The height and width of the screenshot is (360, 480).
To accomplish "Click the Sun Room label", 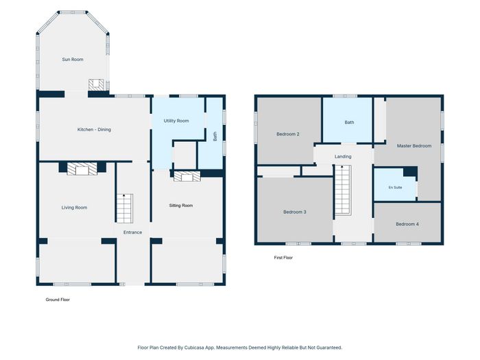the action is pyautogui.click(x=73, y=60).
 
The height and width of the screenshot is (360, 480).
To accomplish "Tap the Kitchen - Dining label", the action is pyautogui.click(x=94, y=130).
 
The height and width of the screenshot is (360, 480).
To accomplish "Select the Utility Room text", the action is pyautogui.click(x=176, y=121).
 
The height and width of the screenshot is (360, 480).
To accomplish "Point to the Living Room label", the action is pyautogui.click(x=74, y=208).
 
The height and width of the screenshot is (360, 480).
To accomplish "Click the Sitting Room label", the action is pyautogui.click(x=181, y=206).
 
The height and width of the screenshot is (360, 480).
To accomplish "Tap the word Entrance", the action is pyautogui.click(x=132, y=232).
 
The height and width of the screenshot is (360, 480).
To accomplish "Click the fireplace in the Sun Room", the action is pyautogui.click(x=97, y=84).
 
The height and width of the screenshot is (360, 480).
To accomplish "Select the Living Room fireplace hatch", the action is pyautogui.click(x=82, y=169).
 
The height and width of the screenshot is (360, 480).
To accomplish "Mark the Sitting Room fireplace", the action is pyautogui.click(x=187, y=176).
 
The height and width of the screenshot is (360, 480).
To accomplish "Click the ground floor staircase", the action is pyautogui.click(x=125, y=208).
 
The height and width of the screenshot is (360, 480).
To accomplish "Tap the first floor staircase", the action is pyautogui.click(x=343, y=190).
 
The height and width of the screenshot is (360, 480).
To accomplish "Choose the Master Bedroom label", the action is pyautogui.click(x=414, y=146).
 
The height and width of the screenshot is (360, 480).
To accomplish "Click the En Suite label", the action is pyautogui.click(x=395, y=187).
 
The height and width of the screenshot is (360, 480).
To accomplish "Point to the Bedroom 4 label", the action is pyautogui.click(x=407, y=224).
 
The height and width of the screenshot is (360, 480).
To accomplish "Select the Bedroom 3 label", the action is pyautogui.click(x=294, y=212).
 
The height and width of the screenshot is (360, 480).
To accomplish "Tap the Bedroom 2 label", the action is pyautogui.click(x=288, y=134).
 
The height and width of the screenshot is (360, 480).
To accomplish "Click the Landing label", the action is pyautogui.click(x=343, y=156).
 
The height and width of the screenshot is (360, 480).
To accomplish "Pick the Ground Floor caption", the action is pyautogui.click(x=58, y=300).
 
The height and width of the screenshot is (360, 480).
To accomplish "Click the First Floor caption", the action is pyautogui.click(x=283, y=258).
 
